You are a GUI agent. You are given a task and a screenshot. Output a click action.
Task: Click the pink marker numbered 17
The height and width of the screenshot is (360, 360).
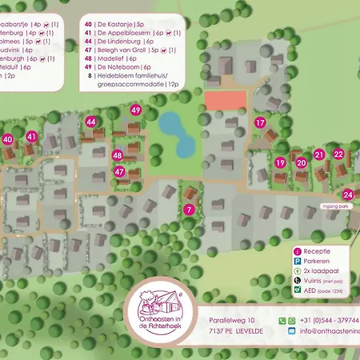pos(260,123)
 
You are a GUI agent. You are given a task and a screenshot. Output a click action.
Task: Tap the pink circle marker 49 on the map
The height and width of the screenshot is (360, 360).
pos(136,110)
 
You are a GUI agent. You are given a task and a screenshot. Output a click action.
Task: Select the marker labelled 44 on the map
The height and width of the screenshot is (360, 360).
pos(91,122)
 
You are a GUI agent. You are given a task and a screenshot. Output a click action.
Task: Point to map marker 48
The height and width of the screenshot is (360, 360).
pos(118,155)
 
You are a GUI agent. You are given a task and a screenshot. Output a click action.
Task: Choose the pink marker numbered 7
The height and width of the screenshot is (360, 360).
pos(189,210)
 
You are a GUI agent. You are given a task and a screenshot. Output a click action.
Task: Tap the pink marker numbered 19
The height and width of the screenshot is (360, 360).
pos(280,162)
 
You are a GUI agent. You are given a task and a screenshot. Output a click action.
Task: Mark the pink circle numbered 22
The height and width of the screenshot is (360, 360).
pos(338,154)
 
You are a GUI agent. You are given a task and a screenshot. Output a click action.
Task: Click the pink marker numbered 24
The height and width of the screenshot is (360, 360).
pos(347,194)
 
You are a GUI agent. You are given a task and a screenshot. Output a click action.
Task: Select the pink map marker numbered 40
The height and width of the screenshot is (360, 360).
pos(8,139)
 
